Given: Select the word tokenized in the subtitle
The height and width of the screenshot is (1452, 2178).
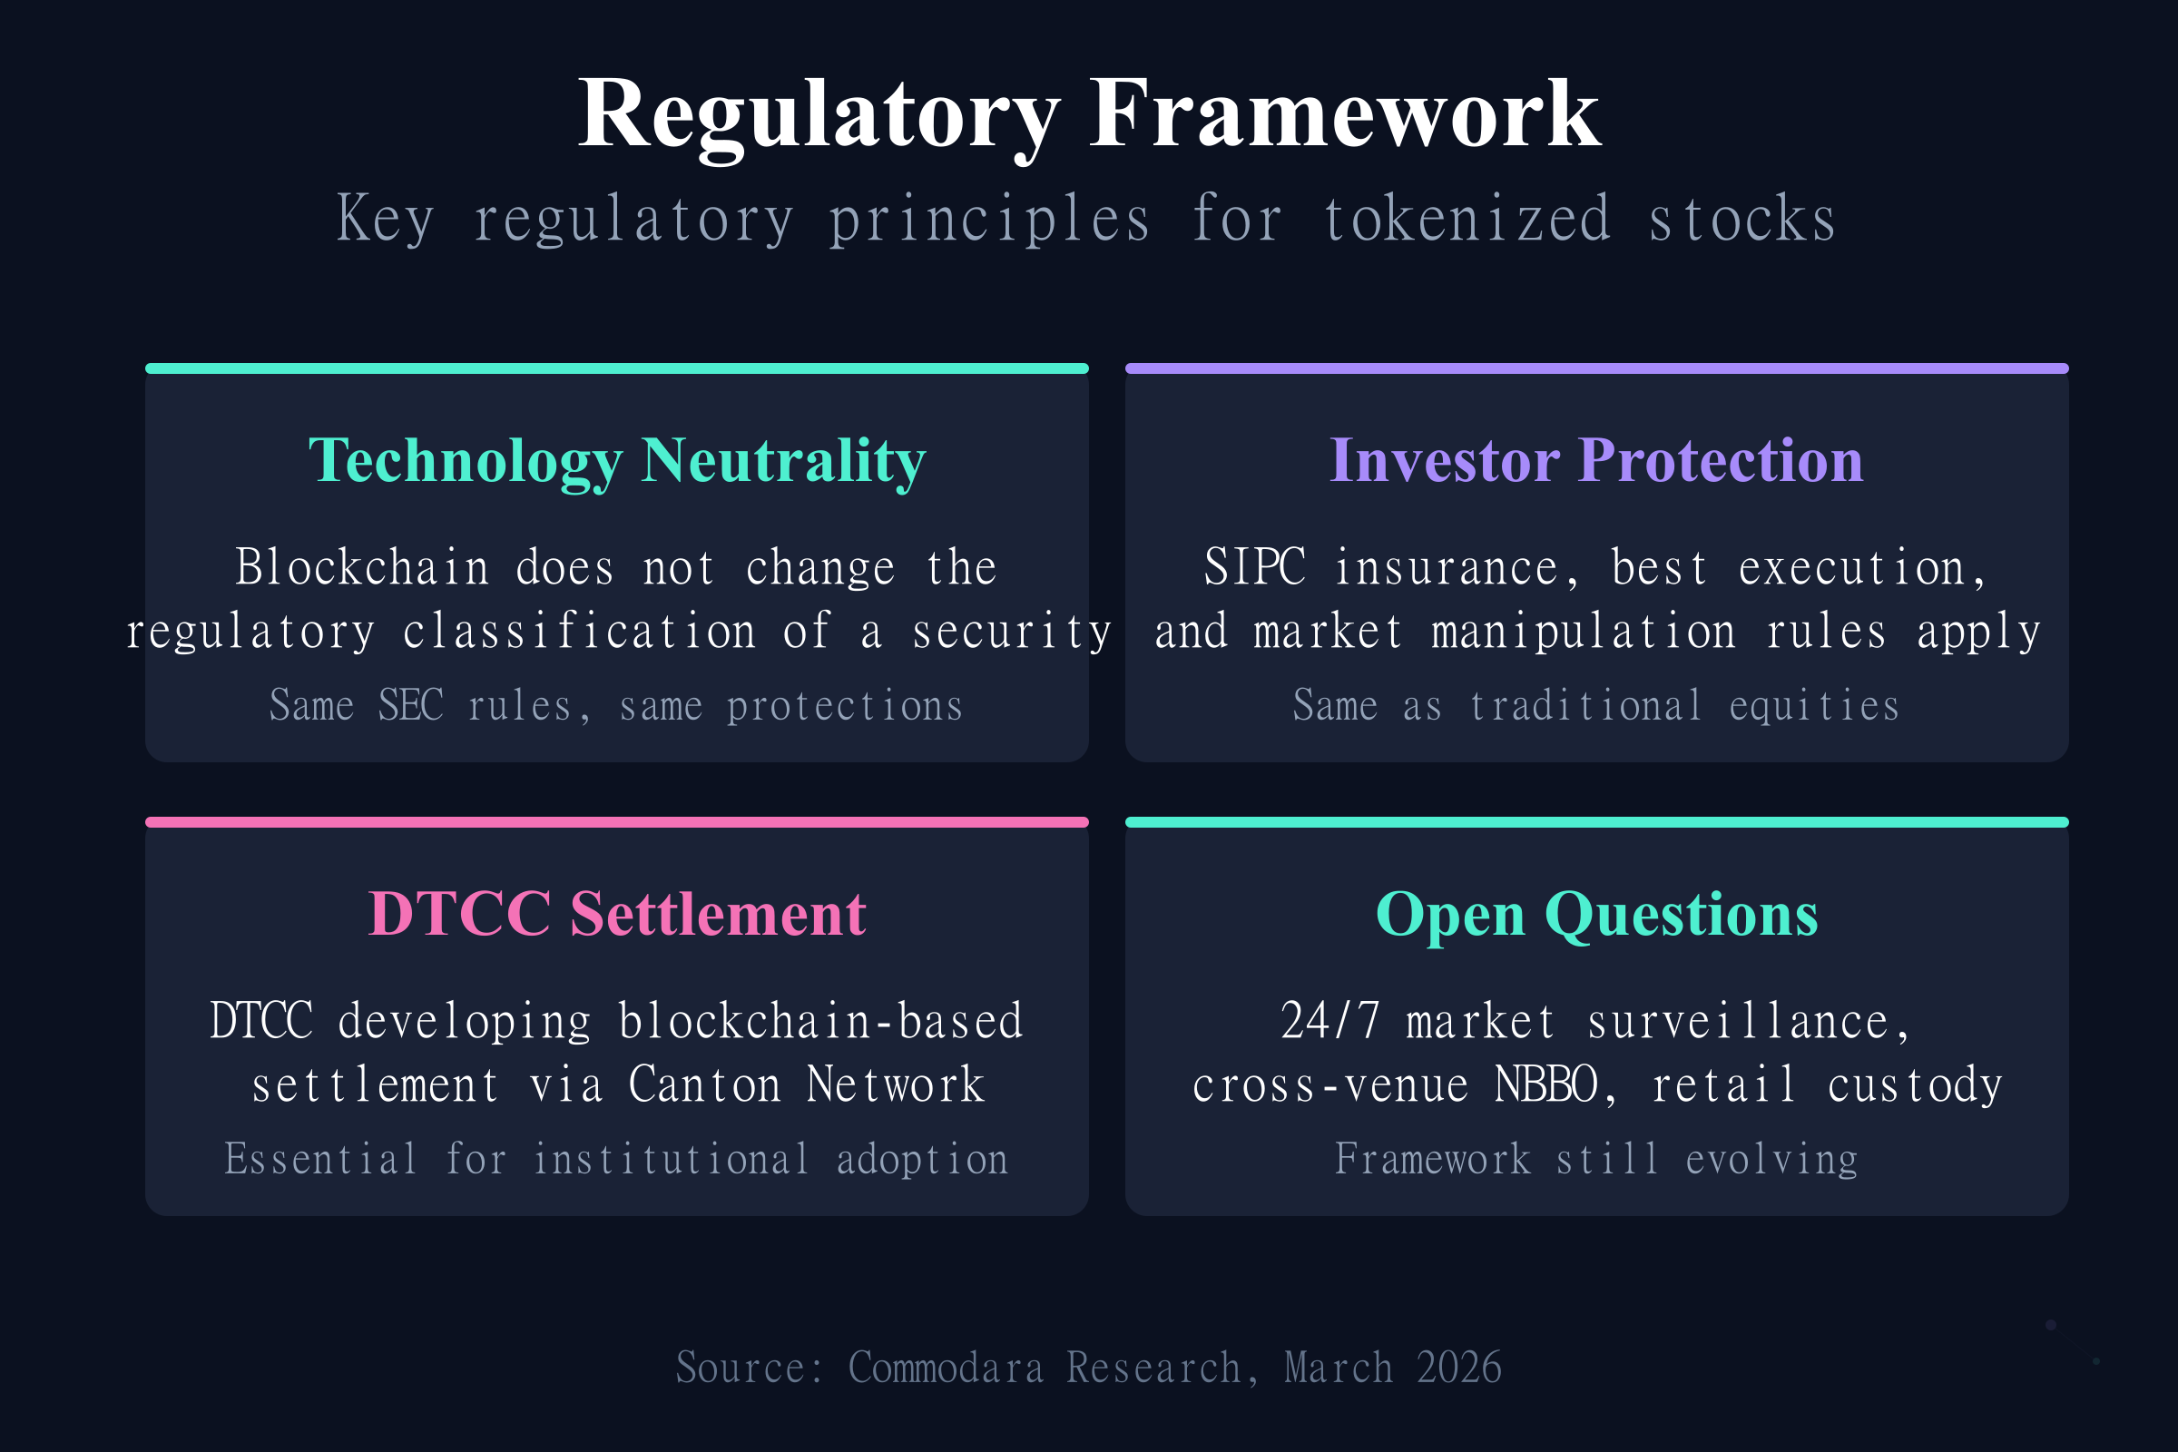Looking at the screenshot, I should pyautogui.click(x=1468, y=220).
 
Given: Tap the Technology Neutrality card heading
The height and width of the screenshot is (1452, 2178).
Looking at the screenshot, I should pyautogui.click(x=617, y=460).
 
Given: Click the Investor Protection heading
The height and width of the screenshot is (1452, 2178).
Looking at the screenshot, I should pyautogui.click(x=1596, y=460).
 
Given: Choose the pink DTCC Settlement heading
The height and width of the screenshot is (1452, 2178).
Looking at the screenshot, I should pyautogui.click(x=617, y=914).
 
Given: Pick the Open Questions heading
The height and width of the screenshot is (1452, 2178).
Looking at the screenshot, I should pyautogui.click(x=1596, y=914).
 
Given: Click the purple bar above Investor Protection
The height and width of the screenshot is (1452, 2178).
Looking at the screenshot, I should pyautogui.click(x=1596, y=368).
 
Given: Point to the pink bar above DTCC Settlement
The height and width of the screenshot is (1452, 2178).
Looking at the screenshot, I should pyautogui.click(x=617, y=822).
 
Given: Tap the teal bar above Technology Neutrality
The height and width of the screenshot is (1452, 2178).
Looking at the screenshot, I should pyautogui.click(x=617, y=368).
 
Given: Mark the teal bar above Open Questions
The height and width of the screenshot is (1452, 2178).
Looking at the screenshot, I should pyautogui.click(x=1596, y=822).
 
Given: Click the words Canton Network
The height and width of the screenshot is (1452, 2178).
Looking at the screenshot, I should pyautogui.click(x=806, y=1084).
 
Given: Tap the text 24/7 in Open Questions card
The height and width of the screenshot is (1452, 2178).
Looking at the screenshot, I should pyautogui.click(x=1329, y=1022).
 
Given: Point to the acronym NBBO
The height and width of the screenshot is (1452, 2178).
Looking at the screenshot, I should pyautogui.click(x=1547, y=1084).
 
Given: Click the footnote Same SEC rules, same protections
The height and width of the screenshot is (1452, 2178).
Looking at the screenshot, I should pyautogui.click(x=617, y=706).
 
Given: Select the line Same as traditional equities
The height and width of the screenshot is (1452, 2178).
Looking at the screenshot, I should pyautogui.click(x=1596, y=706).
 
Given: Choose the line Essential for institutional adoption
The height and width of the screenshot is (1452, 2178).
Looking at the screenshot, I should pyautogui.click(x=617, y=1160).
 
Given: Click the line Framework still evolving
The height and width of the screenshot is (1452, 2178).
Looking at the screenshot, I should pyautogui.click(x=1596, y=1160).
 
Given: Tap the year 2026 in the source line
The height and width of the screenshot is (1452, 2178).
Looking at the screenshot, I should pyautogui.click(x=1458, y=1368).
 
